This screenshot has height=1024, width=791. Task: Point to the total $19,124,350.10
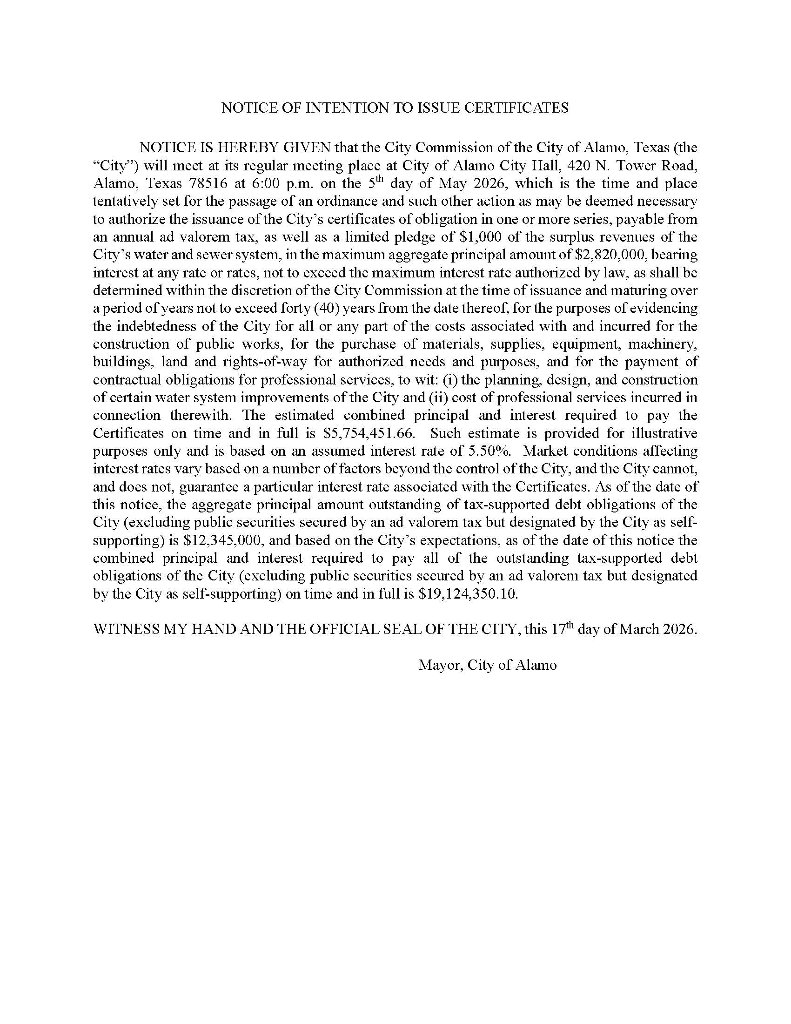point(468,594)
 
